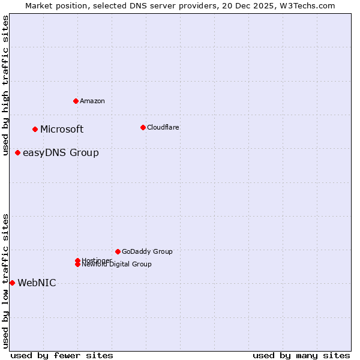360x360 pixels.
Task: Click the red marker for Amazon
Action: point(76,101)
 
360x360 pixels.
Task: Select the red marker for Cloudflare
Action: point(143,127)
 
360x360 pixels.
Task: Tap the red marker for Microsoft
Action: point(35,129)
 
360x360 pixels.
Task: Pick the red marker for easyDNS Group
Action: point(17,152)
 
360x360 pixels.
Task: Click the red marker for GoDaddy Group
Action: point(118,251)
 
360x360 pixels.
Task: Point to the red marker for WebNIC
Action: point(12,283)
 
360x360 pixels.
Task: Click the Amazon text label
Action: point(92,101)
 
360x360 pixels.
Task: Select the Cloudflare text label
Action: point(163,127)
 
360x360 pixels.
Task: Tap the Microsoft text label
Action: point(62,129)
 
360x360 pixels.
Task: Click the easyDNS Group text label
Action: point(61,152)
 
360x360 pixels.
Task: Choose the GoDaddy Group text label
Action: point(147,251)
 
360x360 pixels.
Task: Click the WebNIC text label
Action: point(37,283)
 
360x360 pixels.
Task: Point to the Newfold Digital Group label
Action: point(116,265)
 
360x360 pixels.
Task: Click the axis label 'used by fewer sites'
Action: point(62,355)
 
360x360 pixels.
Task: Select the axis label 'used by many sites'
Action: point(301,355)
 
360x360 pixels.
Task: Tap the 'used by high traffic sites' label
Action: point(5,85)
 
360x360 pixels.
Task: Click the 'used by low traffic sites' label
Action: point(5,280)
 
